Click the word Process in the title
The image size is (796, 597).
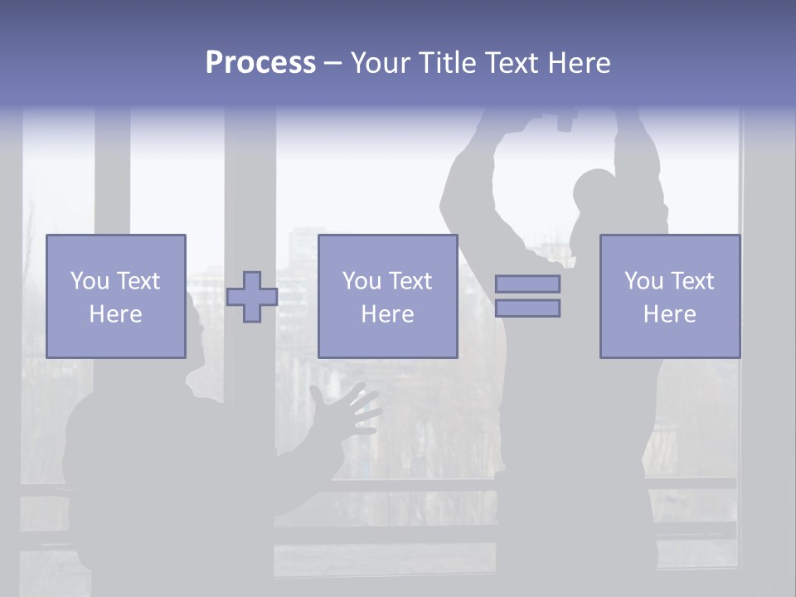[260, 63]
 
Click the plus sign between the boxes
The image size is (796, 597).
[252, 297]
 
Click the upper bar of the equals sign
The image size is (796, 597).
[527, 284]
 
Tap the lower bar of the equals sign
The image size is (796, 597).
[527, 308]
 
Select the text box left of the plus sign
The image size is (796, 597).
[115, 296]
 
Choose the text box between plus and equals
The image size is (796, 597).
[387, 296]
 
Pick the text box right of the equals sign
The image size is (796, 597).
[669, 296]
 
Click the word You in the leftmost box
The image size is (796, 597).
[89, 281]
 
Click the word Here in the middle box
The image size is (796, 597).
[387, 314]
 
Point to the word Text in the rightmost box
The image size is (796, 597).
[692, 281]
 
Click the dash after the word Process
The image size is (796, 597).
[332, 63]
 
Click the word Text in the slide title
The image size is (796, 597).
[507, 63]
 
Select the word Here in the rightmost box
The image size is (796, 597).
[669, 314]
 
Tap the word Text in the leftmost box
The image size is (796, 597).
[138, 281]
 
